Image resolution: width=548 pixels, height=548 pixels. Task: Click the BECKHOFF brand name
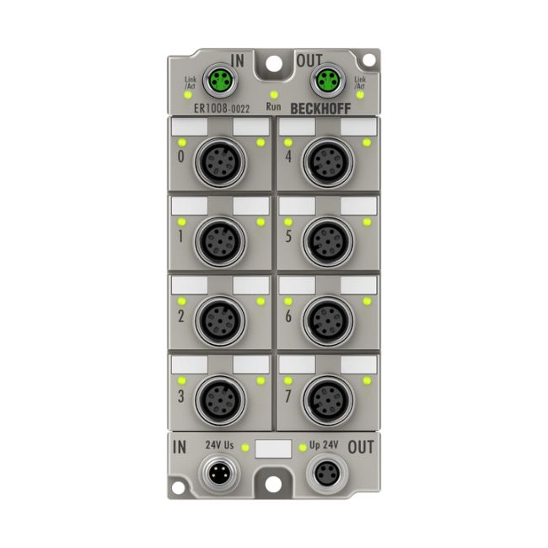[320, 109]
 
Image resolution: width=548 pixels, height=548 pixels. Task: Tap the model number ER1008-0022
[222, 109]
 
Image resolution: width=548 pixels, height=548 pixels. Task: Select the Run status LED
[274, 94]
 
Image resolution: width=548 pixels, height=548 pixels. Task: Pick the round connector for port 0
[220, 163]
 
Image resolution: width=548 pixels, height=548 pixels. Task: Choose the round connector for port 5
[328, 241]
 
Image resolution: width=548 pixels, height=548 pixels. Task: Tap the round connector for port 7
[328, 400]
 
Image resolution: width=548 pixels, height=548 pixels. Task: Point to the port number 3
[180, 396]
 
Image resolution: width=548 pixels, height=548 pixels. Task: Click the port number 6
[288, 316]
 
